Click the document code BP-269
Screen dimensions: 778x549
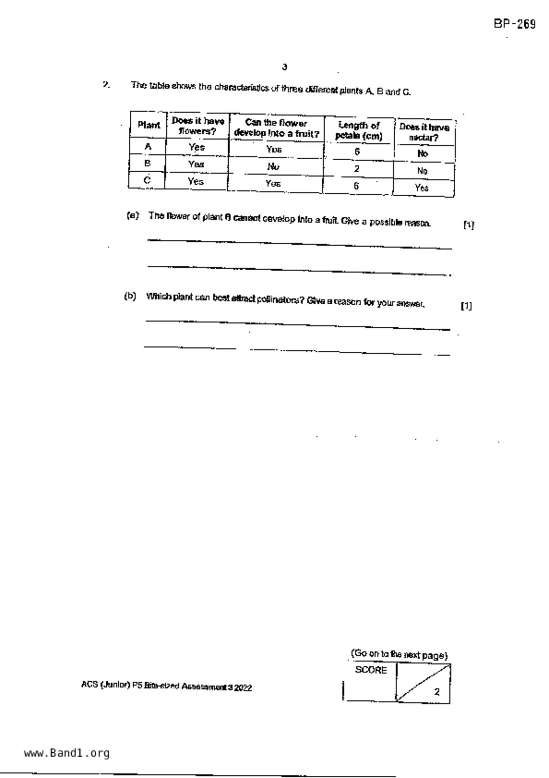point(514,24)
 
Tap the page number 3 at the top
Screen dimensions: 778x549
point(284,67)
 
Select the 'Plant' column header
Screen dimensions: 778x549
point(148,125)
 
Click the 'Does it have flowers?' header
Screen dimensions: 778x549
point(198,126)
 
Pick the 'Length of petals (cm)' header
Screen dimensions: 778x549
point(358,131)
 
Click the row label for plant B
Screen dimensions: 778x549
point(148,163)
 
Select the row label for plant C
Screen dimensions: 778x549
point(148,180)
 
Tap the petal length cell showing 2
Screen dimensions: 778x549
point(357,169)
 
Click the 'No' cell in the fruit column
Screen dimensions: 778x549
point(274,166)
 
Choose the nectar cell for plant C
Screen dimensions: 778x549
point(422,188)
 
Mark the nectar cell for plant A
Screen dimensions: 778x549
point(423,154)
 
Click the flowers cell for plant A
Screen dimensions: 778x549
point(196,147)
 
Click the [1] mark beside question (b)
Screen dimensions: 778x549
point(466,306)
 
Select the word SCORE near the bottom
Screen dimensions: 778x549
point(371,670)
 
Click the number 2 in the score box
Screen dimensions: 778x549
point(437,692)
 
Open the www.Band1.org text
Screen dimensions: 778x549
point(67,753)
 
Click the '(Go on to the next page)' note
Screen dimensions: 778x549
point(399,655)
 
